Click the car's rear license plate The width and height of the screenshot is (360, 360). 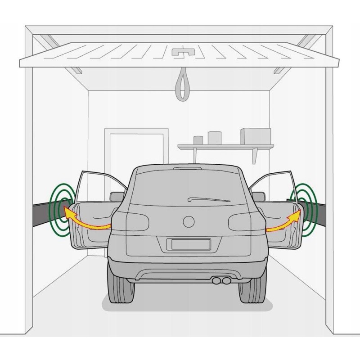[x=189, y=244]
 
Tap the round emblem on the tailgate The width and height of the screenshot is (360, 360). [x=188, y=221]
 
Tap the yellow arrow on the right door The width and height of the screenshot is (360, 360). [x=283, y=223]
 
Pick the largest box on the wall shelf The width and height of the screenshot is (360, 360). [x=255, y=136]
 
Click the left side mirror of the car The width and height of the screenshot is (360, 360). [x=117, y=196]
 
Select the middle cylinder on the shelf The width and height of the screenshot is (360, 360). [x=215, y=138]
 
